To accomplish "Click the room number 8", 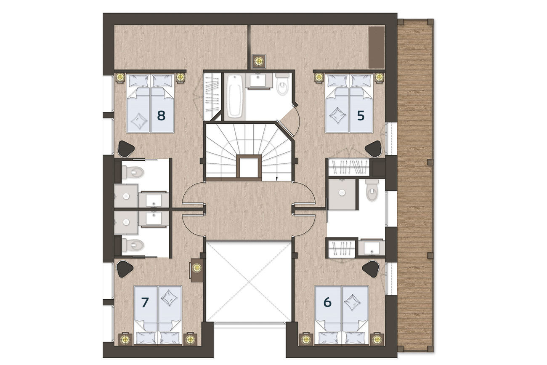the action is pyautogui.click(x=161, y=115).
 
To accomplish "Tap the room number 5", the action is pyautogui.click(x=361, y=115).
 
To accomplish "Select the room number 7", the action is pyautogui.click(x=145, y=302).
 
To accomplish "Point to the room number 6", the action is pyautogui.click(x=327, y=302).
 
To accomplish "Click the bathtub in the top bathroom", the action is pyautogui.click(x=234, y=96).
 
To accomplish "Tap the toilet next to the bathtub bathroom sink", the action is pyautogui.click(x=282, y=84).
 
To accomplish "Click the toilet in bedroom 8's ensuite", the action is pyautogui.click(x=133, y=171).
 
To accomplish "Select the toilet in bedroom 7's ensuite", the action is pyautogui.click(x=133, y=245).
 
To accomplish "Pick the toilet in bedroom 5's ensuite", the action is pyautogui.click(x=372, y=191).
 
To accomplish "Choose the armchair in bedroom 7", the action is pyautogui.click(x=125, y=269).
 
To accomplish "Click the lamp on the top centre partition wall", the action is pyautogui.click(x=259, y=61).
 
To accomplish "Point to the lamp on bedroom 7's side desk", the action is pyautogui.click(x=197, y=268).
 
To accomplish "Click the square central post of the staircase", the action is pyautogui.click(x=249, y=168).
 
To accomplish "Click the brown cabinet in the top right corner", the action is pyautogui.click(x=376, y=47).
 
